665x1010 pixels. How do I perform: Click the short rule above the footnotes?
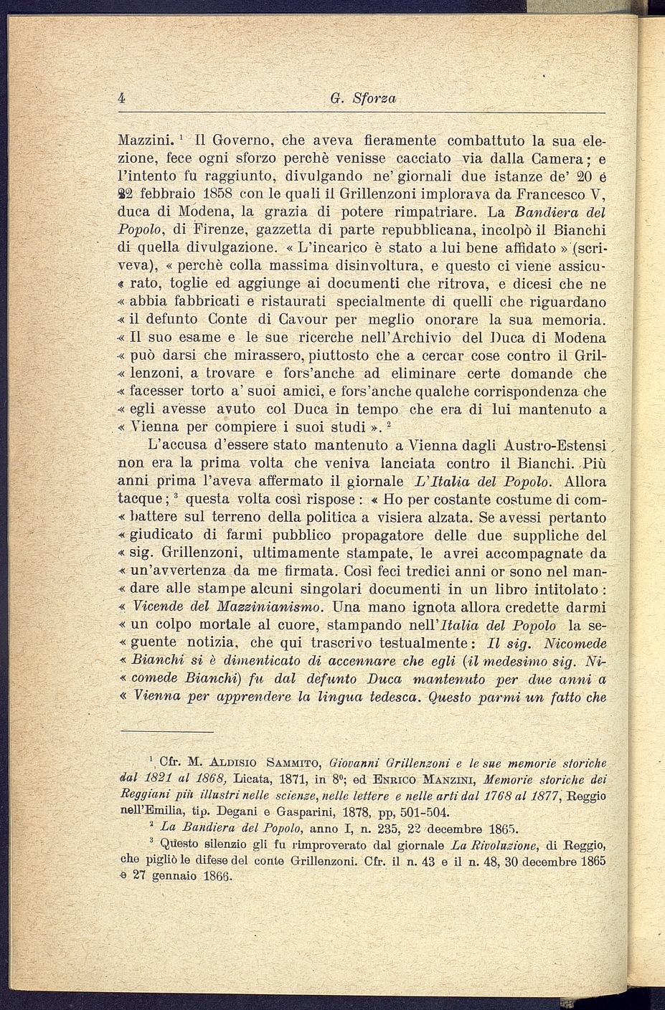pos(166,731)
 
